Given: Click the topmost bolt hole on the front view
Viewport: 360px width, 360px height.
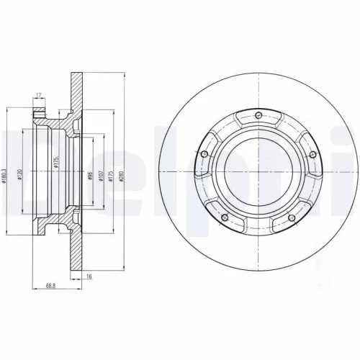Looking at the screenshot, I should pyautogui.click(x=258, y=113).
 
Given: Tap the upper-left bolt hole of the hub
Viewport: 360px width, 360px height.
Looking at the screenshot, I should pyautogui.click(x=205, y=153).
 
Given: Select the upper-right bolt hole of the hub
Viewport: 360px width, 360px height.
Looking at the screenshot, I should pyautogui.click(x=311, y=153).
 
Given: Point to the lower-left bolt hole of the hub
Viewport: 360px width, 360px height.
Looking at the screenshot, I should pyautogui.click(x=225, y=216).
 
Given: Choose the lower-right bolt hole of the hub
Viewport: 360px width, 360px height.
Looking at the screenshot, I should pyautogui.click(x=292, y=216).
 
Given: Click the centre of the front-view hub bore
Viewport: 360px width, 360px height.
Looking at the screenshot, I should pyautogui.click(x=258, y=173).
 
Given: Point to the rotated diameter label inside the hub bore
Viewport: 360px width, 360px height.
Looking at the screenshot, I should pyautogui.click(x=55, y=164).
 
